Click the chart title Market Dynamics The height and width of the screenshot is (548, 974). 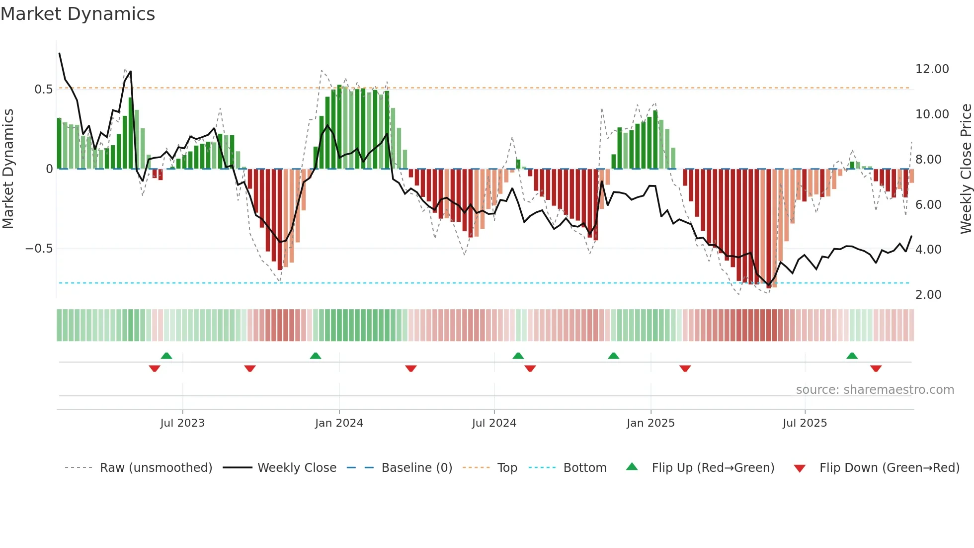click(78, 14)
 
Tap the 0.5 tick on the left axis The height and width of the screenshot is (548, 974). click(43, 90)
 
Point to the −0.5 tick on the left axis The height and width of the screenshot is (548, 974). click(39, 249)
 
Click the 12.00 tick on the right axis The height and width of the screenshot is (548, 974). click(932, 69)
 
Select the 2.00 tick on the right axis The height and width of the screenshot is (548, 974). click(928, 295)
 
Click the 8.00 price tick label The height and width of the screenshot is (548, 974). click(928, 160)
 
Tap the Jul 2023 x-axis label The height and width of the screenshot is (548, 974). click(182, 423)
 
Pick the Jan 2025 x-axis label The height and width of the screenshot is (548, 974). click(650, 423)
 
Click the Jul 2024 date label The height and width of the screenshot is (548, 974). click(494, 423)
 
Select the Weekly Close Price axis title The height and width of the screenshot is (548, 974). click(966, 169)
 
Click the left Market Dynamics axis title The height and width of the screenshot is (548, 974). click(8, 169)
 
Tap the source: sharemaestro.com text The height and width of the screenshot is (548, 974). click(875, 390)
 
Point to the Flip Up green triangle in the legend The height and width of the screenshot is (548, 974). click(632, 466)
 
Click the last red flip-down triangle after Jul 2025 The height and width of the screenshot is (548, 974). click(876, 368)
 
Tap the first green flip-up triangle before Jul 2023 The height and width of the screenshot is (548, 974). click(166, 356)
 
